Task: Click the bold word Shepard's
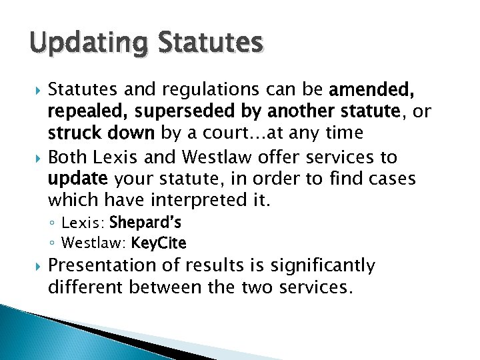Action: (145, 222)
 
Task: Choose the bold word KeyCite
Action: (159, 242)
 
